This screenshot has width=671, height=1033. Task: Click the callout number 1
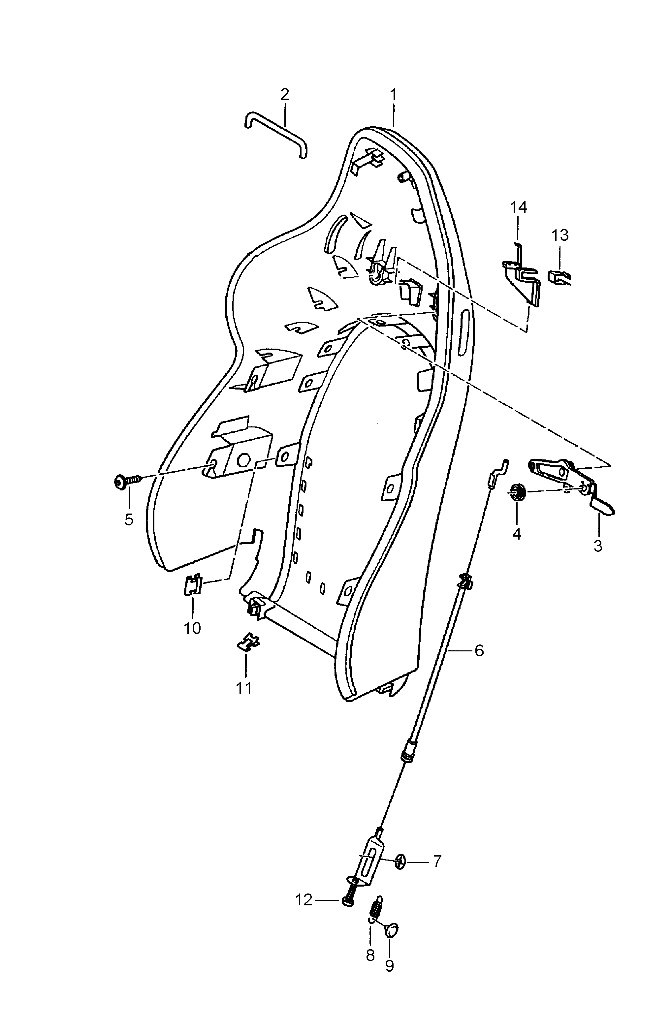(393, 95)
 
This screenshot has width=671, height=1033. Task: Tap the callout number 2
(284, 95)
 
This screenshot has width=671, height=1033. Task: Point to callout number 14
(518, 207)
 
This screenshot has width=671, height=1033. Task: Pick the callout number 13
(560, 236)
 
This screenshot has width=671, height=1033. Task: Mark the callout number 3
(598, 546)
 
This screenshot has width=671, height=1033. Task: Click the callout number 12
(304, 901)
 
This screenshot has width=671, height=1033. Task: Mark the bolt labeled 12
(349, 897)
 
